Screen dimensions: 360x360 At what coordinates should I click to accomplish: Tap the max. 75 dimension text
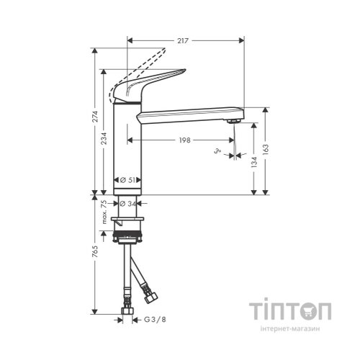[104, 214]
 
